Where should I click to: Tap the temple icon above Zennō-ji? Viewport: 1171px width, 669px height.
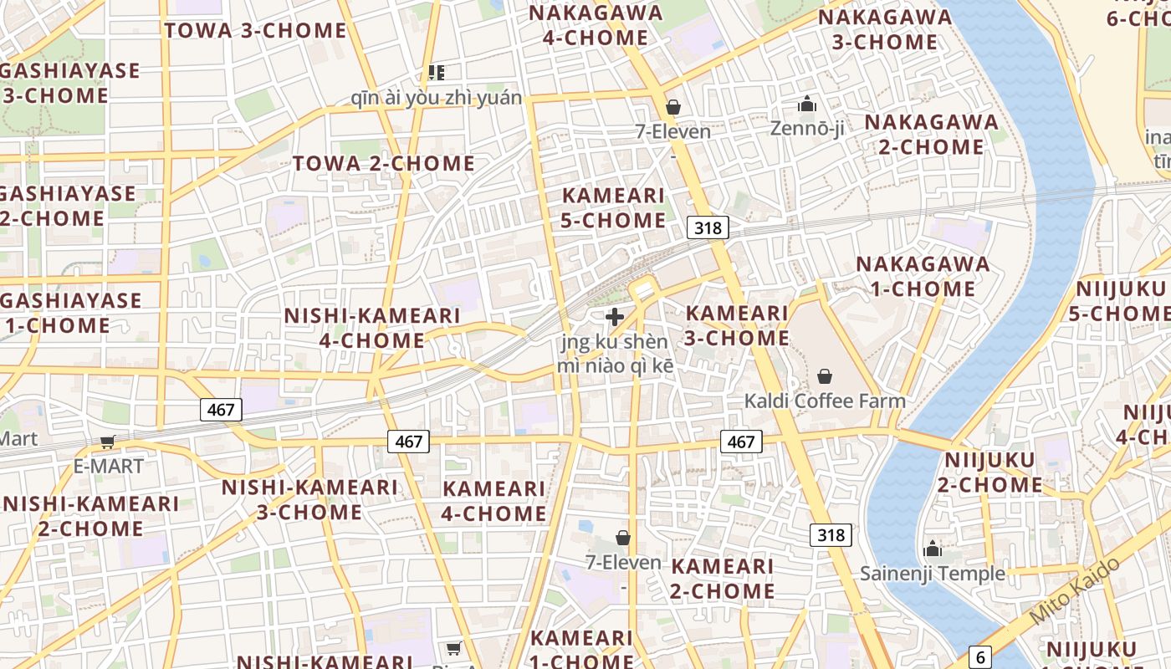click(x=807, y=105)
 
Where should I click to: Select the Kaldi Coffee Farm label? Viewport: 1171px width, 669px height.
click(x=825, y=401)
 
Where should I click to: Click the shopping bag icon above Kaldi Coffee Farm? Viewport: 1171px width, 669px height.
click(x=825, y=376)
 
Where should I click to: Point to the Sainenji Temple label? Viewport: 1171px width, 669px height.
click(x=933, y=574)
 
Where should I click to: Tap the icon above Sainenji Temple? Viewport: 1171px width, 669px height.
click(x=933, y=549)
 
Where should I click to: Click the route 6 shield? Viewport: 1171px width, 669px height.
click(x=981, y=657)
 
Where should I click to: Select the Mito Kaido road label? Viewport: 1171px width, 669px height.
click(x=1075, y=591)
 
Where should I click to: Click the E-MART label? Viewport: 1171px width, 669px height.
click(x=109, y=466)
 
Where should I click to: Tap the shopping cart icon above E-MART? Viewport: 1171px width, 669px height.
click(x=107, y=442)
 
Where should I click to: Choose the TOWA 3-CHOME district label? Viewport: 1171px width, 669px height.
click(x=255, y=31)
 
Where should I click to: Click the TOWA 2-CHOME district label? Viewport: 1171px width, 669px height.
click(x=383, y=163)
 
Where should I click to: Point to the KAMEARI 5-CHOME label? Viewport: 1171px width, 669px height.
click(x=614, y=207)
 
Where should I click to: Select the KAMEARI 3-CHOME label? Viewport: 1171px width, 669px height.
click(x=737, y=325)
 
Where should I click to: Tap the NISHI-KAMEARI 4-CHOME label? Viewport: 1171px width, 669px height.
click(x=372, y=328)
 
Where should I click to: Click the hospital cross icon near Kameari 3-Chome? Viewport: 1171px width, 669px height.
click(x=615, y=317)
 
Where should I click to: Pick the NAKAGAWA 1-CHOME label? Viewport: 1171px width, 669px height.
click(x=923, y=277)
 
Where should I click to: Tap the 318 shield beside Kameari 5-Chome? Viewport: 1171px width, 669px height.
click(x=708, y=227)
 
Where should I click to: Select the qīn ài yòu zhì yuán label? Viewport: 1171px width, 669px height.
click(x=436, y=99)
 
